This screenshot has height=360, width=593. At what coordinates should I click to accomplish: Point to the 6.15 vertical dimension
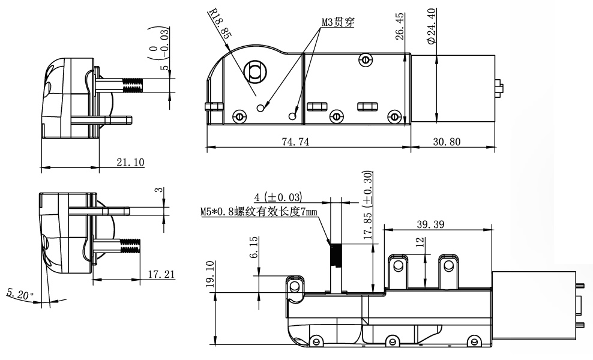pos(253,247)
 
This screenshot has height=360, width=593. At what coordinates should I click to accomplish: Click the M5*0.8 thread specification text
pos(259,212)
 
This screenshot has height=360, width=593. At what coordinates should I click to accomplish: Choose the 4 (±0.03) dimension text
pos(278,197)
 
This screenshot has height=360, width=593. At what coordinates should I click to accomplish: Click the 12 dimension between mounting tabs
pos(420,242)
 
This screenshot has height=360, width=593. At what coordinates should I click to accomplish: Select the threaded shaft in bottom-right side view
pos(336,259)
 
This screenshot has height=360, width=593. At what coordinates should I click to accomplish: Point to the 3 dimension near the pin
pos(158,190)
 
